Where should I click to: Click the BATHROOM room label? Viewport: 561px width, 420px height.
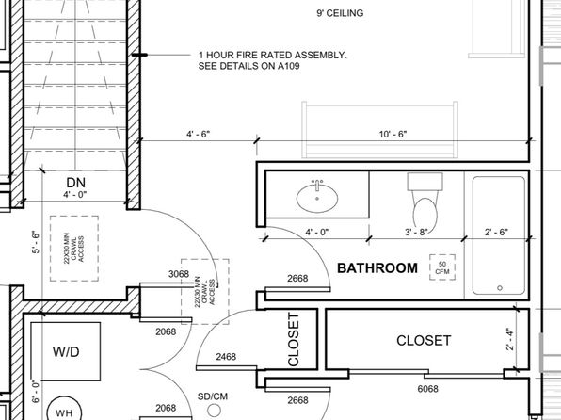(x=377, y=268)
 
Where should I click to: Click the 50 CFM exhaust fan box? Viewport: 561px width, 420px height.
(x=441, y=267)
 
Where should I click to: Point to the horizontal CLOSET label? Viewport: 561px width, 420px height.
(x=424, y=340)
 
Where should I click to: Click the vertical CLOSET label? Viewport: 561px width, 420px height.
(x=294, y=340)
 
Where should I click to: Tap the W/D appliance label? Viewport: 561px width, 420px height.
(x=65, y=350)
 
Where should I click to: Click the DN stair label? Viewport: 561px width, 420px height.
(x=77, y=181)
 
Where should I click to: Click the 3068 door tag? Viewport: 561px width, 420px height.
(x=178, y=275)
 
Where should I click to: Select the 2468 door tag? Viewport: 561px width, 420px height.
(x=226, y=357)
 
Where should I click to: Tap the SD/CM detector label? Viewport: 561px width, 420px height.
(x=212, y=396)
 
